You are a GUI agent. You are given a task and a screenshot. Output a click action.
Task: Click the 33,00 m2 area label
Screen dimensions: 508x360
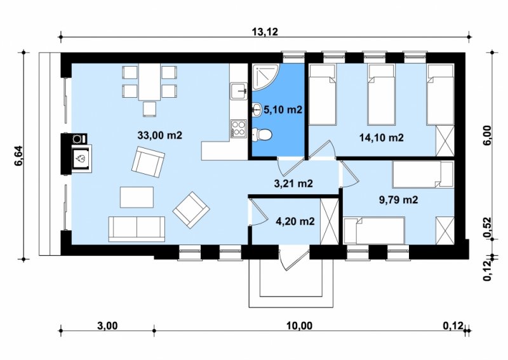(160, 135)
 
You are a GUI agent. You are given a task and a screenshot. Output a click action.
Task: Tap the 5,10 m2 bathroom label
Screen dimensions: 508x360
(283, 110)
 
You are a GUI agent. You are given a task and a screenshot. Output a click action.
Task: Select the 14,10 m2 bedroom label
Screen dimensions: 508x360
(382, 138)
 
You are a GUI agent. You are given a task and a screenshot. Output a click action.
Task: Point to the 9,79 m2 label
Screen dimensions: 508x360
(399, 199)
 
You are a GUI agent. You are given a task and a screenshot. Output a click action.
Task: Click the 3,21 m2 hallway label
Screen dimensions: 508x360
(293, 183)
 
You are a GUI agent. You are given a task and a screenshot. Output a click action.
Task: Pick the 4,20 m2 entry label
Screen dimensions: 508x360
(295, 222)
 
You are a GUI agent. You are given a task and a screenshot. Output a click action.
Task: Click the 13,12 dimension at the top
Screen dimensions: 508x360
(265, 32)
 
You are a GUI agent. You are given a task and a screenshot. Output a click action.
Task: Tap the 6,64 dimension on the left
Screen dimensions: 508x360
(18, 156)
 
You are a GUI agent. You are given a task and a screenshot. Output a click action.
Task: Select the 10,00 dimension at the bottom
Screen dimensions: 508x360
(300, 325)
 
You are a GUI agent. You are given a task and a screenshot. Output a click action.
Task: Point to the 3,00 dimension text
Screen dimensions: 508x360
(107, 325)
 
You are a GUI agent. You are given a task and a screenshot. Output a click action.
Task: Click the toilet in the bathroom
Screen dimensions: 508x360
(262, 135)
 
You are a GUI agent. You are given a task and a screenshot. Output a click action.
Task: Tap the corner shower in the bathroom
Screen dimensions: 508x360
(265, 77)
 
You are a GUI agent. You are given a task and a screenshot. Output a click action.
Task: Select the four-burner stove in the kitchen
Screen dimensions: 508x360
(239, 128)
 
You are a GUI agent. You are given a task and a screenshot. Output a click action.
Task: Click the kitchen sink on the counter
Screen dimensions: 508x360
(239, 91)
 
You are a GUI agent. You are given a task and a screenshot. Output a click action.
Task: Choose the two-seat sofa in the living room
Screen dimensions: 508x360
(137, 229)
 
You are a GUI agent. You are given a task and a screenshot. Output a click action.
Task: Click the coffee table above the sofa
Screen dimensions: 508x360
(137, 197)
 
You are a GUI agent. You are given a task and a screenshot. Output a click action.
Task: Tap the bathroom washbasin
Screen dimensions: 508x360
(257, 109)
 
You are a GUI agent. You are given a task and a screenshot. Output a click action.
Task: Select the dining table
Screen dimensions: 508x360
(150, 82)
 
